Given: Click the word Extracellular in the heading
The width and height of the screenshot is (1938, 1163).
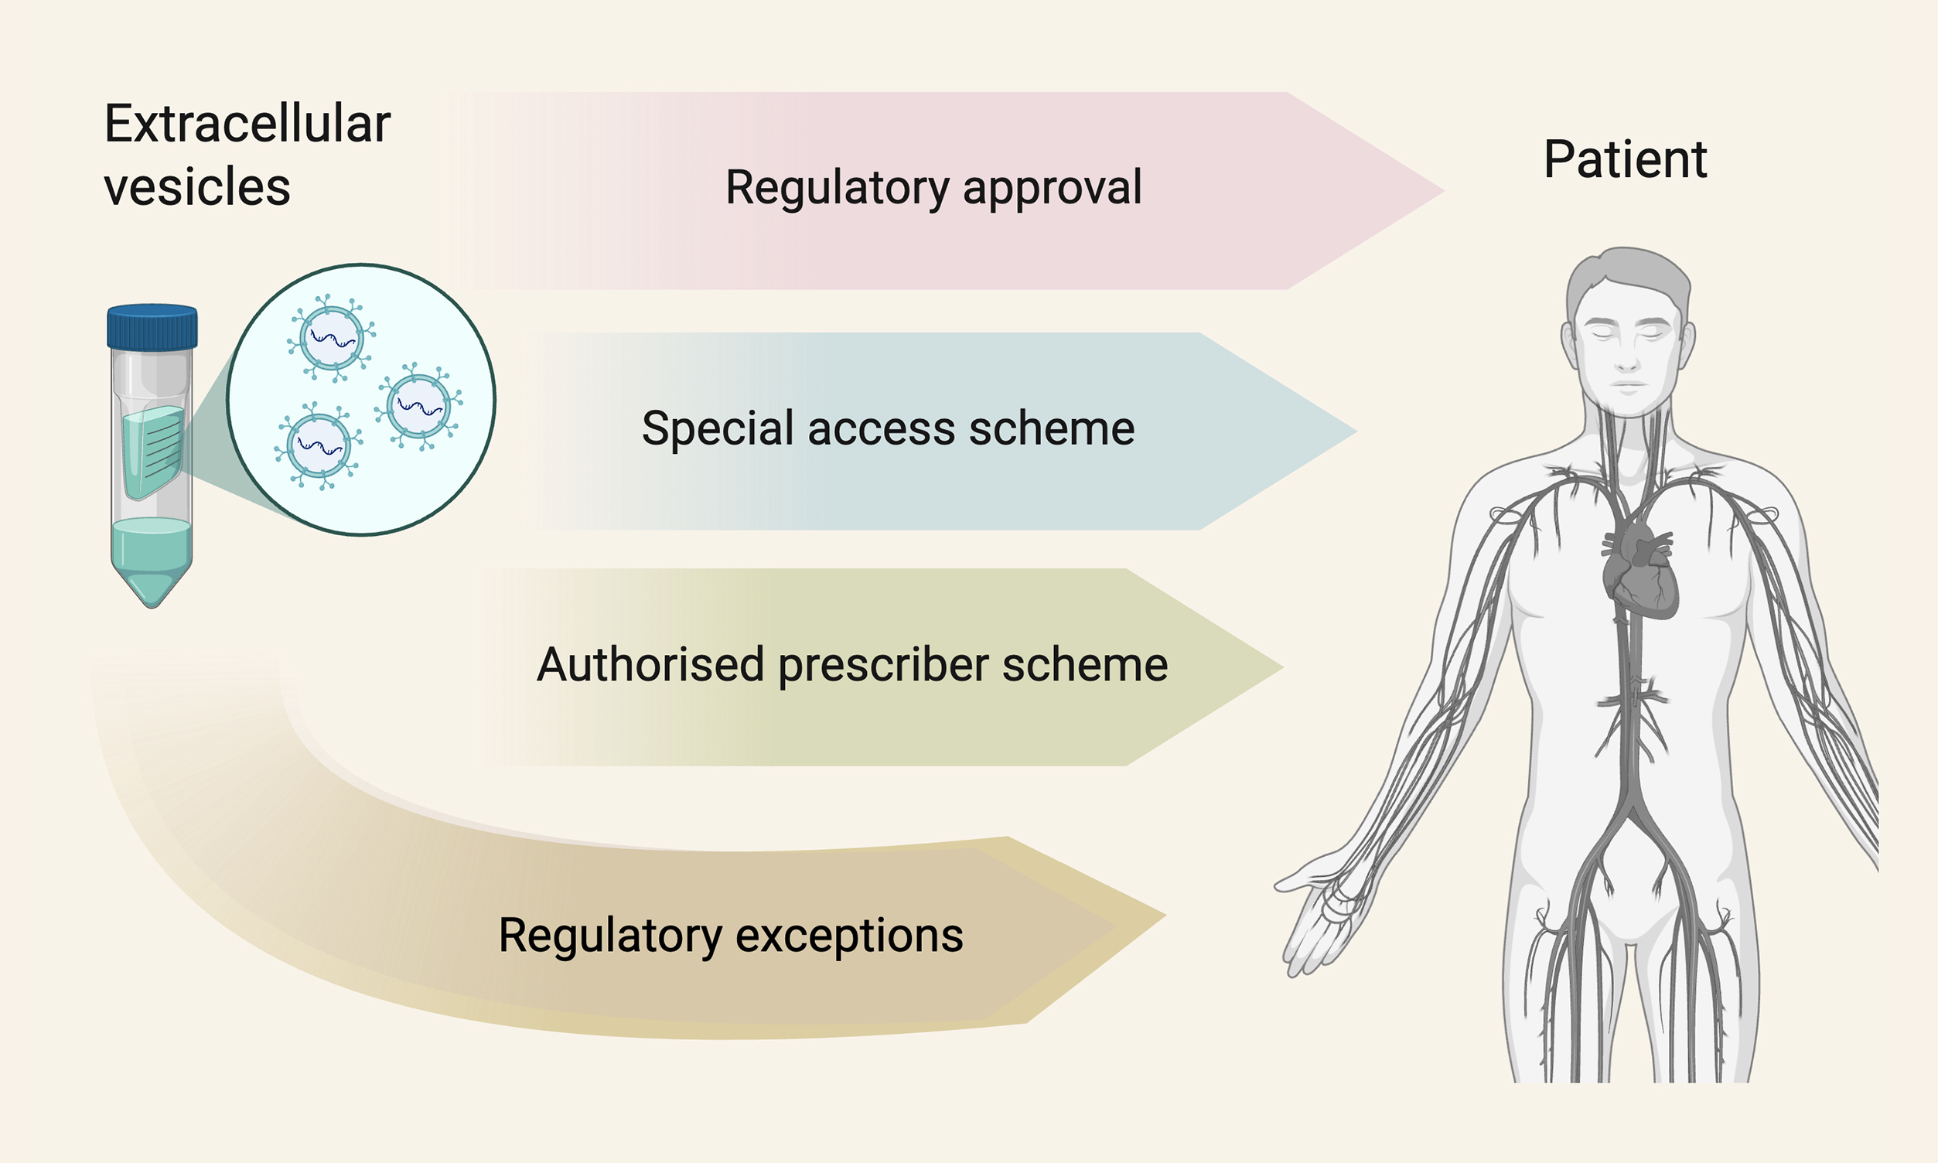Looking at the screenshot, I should [247, 124].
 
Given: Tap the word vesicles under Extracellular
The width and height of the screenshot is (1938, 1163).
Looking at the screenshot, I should [196, 187].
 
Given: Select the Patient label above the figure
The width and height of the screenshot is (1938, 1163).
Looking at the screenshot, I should [1625, 160].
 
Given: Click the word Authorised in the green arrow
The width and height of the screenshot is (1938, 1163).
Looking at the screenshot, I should [650, 664].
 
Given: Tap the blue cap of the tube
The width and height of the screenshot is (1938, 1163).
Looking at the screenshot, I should [152, 327].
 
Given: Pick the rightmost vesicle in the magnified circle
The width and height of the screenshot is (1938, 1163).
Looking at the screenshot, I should [419, 406].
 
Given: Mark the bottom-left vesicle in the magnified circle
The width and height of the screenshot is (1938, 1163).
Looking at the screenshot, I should [318, 445].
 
